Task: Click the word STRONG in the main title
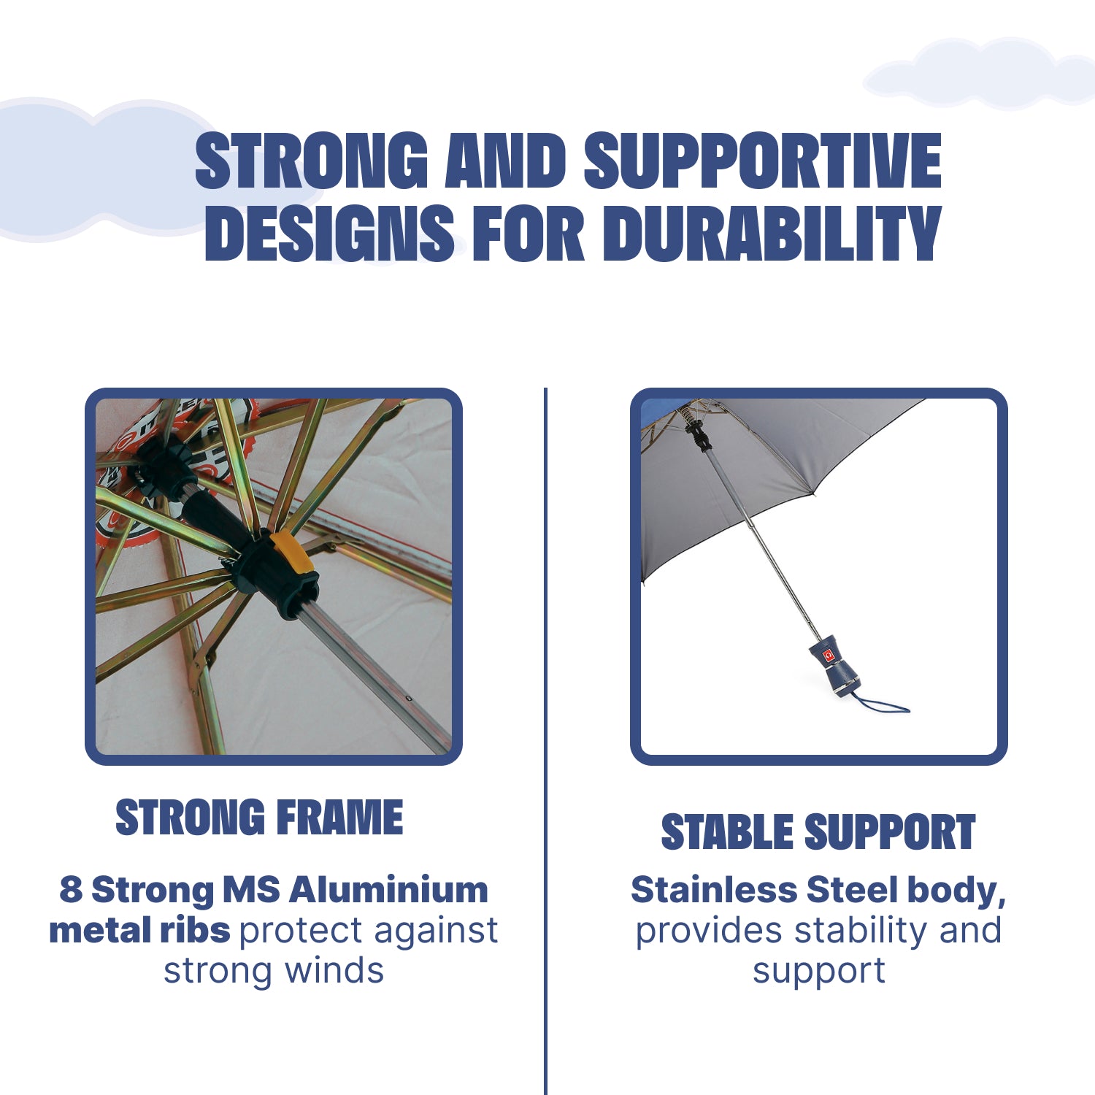pos(312,161)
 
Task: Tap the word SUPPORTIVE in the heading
pos(763,161)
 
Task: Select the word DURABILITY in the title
pos(772,233)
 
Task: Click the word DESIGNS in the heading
pos(330,233)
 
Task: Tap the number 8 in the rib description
pos(71,890)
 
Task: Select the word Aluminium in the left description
pos(388,890)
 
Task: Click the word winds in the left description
pos(334,971)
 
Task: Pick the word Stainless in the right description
pos(714,890)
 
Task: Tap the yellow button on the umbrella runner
pos(291,552)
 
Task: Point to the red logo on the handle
pos(829,655)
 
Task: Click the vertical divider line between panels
pos(545,741)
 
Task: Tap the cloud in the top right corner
pos(978,74)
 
